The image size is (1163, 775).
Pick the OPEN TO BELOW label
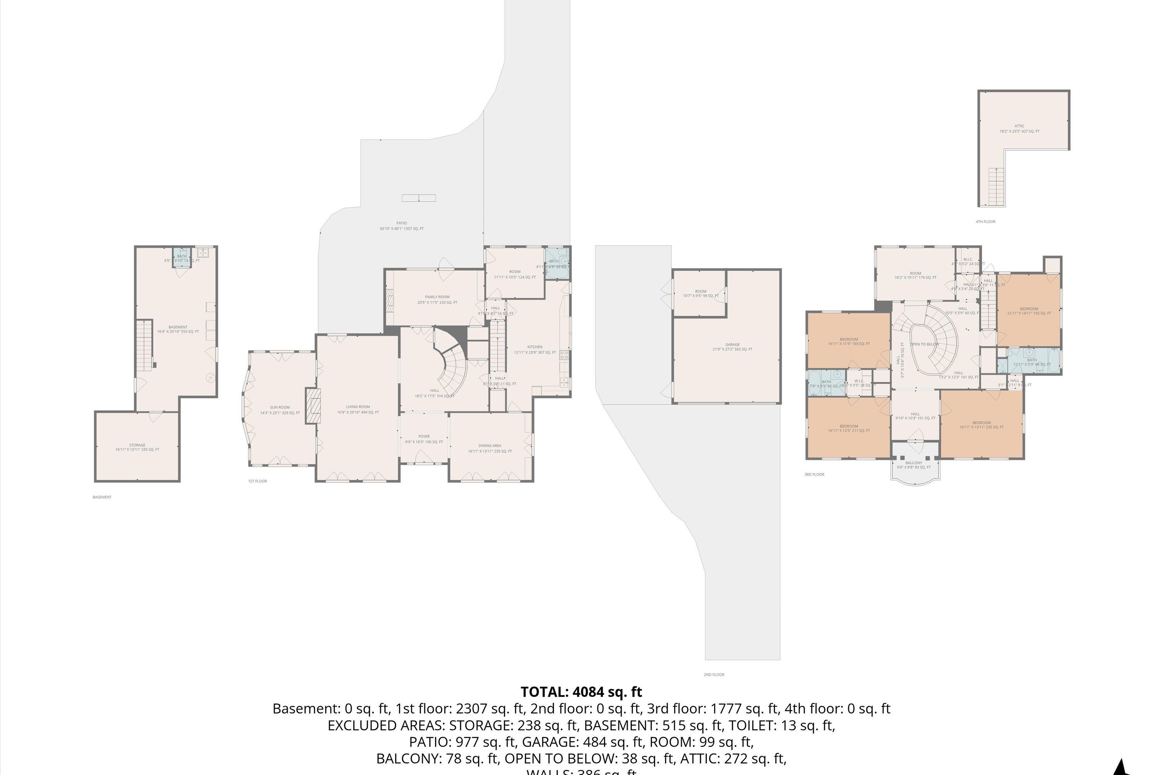pos(924,344)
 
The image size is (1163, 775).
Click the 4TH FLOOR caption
pos(985,221)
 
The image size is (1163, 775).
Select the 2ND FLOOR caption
pos(714,674)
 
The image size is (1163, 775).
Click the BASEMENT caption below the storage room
pos(102,497)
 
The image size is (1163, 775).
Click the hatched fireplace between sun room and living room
pos(313,405)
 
